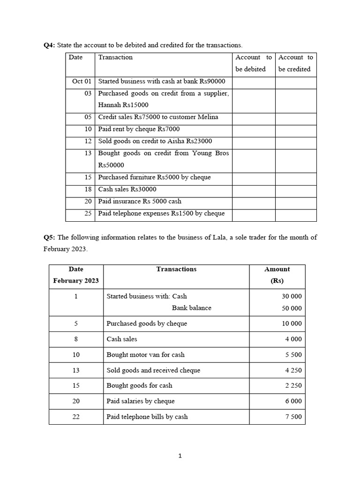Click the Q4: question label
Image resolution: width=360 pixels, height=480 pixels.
pyautogui.click(x=49, y=45)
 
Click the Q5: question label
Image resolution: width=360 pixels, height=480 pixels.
pyautogui.click(x=49, y=237)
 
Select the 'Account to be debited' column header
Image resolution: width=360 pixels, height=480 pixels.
pyautogui.click(x=253, y=63)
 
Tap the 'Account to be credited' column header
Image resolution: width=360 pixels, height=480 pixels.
pyautogui.click(x=295, y=63)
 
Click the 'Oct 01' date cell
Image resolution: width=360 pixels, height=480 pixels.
pyautogui.click(x=82, y=81)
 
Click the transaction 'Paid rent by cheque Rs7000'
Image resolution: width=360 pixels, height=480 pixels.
pyautogui.click(x=139, y=129)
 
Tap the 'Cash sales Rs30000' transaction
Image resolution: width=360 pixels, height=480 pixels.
pyautogui.click(x=127, y=189)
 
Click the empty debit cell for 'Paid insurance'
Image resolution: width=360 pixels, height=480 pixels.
pyautogui.click(x=253, y=202)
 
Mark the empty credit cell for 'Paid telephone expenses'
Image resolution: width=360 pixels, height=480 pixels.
pyautogui.click(x=295, y=214)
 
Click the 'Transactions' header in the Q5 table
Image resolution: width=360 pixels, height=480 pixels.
pyautogui.click(x=176, y=269)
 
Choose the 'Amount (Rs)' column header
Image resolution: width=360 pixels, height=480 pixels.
pyautogui.click(x=277, y=275)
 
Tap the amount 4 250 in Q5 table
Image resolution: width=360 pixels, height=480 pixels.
pyautogui.click(x=293, y=370)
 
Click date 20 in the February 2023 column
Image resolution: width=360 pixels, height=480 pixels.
pyautogui.click(x=76, y=401)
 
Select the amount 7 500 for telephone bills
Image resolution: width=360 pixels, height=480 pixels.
pyautogui.click(x=293, y=417)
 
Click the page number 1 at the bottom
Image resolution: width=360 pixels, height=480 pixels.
pyautogui.click(x=180, y=456)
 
